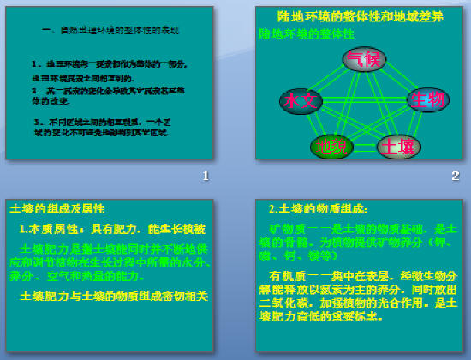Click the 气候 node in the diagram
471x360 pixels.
pyautogui.click(x=364, y=59)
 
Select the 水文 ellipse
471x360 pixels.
pyautogui.click(x=301, y=101)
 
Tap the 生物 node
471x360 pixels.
pyautogui.click(x=427, y=99)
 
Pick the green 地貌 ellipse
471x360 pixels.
pyautogui.click(x=331, y=146)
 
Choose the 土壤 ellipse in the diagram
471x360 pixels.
pyautogui.click(x=398, y=146)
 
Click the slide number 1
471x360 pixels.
pyautogui.click(x=206, y=176)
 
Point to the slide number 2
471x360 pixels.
pyautogui.click(x=456, y=176)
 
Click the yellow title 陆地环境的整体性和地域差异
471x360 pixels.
pyautogui.click(x=361, y=16)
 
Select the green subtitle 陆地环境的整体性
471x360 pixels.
pyautogui.click(x=307, y=33)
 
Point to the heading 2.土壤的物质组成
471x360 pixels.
pyautogui.click(x=318, y=209)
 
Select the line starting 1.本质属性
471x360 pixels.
pyautogui.click(x=112, y=229)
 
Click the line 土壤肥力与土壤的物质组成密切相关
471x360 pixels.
pyautogui.click(x=114, y=296)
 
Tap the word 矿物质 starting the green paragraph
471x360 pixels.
pyautogui.click(x=281, y=229)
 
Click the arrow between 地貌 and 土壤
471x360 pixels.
pyautogui.click(x=364, y=147)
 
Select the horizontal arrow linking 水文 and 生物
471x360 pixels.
pyautogui.click(x=364, y=100)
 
